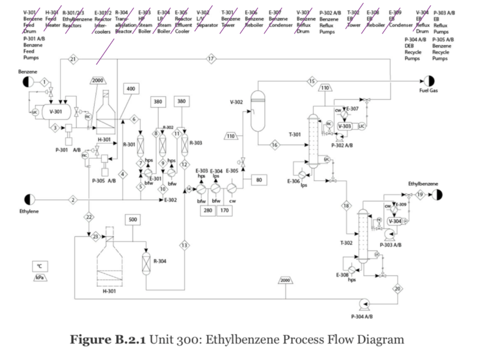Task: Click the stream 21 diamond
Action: pos(73,59)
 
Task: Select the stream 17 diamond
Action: pos(210,59)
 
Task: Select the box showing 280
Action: pos(208,210)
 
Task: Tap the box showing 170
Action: pos(225,210)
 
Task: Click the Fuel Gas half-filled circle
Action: pos(428,81)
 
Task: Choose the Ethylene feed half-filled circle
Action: pos(29,200)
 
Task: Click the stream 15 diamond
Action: pos(312,81)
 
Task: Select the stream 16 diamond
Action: pos(274,144)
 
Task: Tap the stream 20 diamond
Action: pos(397,288)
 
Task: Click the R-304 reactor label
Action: pos(160,261)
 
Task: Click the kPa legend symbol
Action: pos(40,278)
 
